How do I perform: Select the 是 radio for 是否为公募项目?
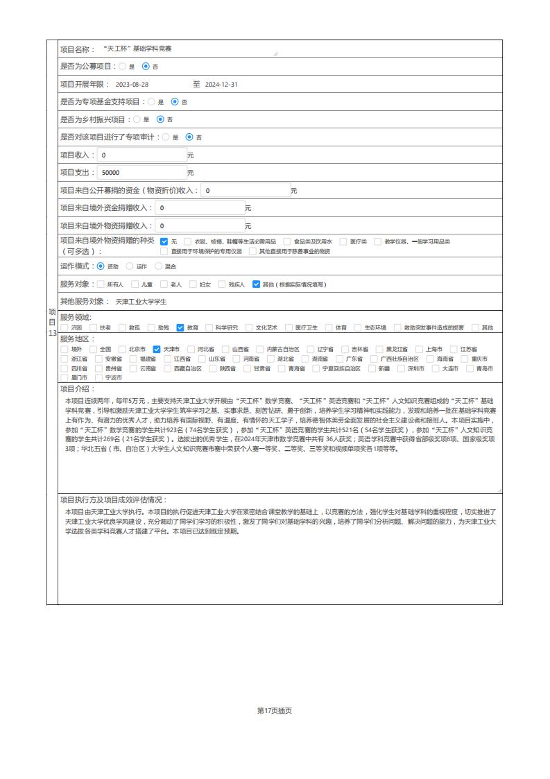pos(123,67)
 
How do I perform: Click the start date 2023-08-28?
pos(132,84)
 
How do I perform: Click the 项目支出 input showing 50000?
pos(141,172)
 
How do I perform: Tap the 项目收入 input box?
pos(141,155)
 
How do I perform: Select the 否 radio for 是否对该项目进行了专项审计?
pos(189,137)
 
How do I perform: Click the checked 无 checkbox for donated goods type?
pos(164,241)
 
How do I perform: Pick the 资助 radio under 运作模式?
pos(101,266)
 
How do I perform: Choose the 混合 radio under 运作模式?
pos(158,266)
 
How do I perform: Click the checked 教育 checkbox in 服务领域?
pos(180,327)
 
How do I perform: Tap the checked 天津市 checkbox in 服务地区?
pos(157,349)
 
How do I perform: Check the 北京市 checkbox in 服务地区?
pos(122,349)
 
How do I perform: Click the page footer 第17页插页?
pos(275,710)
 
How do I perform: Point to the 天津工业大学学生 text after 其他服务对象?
pos(141,302)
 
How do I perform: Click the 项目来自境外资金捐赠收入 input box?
pos(199,207)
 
